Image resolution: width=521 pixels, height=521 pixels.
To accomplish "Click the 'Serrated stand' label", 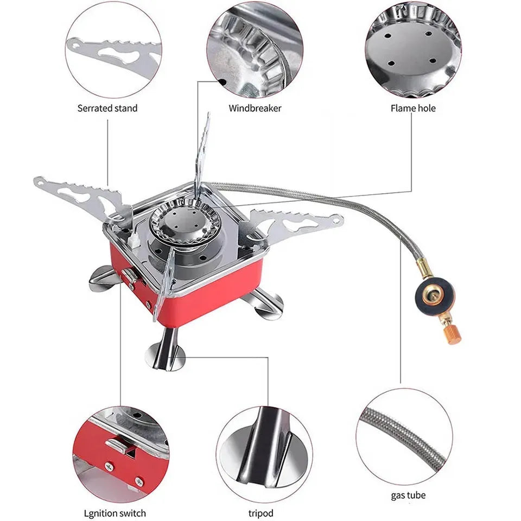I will click(107, 108).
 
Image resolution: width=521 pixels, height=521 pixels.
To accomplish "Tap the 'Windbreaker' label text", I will click(255, 108).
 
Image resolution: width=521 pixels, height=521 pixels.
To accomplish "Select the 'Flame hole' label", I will click(413, 108).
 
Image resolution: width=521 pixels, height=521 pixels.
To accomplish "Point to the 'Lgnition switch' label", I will click(115, 513).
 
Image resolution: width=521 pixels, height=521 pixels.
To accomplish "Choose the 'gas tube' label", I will click(408, 495).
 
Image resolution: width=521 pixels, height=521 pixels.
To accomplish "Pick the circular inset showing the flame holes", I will click(413, 49).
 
